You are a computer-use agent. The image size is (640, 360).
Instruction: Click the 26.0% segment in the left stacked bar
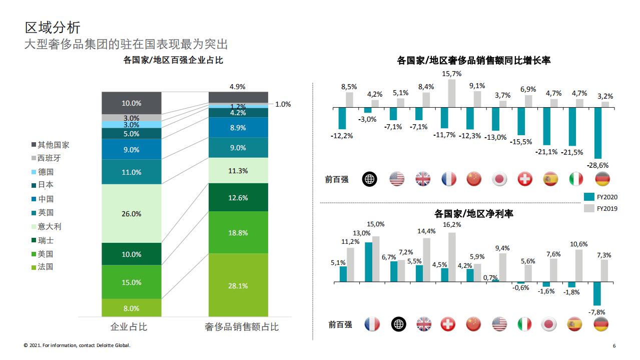coord(131,214)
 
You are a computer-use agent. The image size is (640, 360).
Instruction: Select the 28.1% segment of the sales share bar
coord(238,285)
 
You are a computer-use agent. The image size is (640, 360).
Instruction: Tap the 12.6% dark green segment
coord(238,197)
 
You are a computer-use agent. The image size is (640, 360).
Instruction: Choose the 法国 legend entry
coord(45,267)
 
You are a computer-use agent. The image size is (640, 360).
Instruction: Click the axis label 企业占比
coord(129,327)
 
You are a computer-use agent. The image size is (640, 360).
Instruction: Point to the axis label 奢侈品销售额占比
coord(241,327)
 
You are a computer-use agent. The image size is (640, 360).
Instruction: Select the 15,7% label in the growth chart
coord(452,74)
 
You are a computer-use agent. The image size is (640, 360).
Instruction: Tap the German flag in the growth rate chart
coord(602,179)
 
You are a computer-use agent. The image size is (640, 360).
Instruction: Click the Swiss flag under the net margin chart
coord(448,324)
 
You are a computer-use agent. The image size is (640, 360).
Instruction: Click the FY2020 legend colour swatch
coord(588,197)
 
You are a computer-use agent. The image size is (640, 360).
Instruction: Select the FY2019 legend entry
coord(600,208)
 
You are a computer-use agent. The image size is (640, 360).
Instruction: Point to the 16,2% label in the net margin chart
coord(452,225)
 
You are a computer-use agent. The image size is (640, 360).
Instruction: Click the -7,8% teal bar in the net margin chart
coord(597,293)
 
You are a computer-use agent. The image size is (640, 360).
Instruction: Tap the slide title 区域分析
coord(53,27)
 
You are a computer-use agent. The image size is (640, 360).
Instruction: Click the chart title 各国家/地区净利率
coord(473,214)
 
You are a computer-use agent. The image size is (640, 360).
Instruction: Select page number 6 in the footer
coord(614,346)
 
